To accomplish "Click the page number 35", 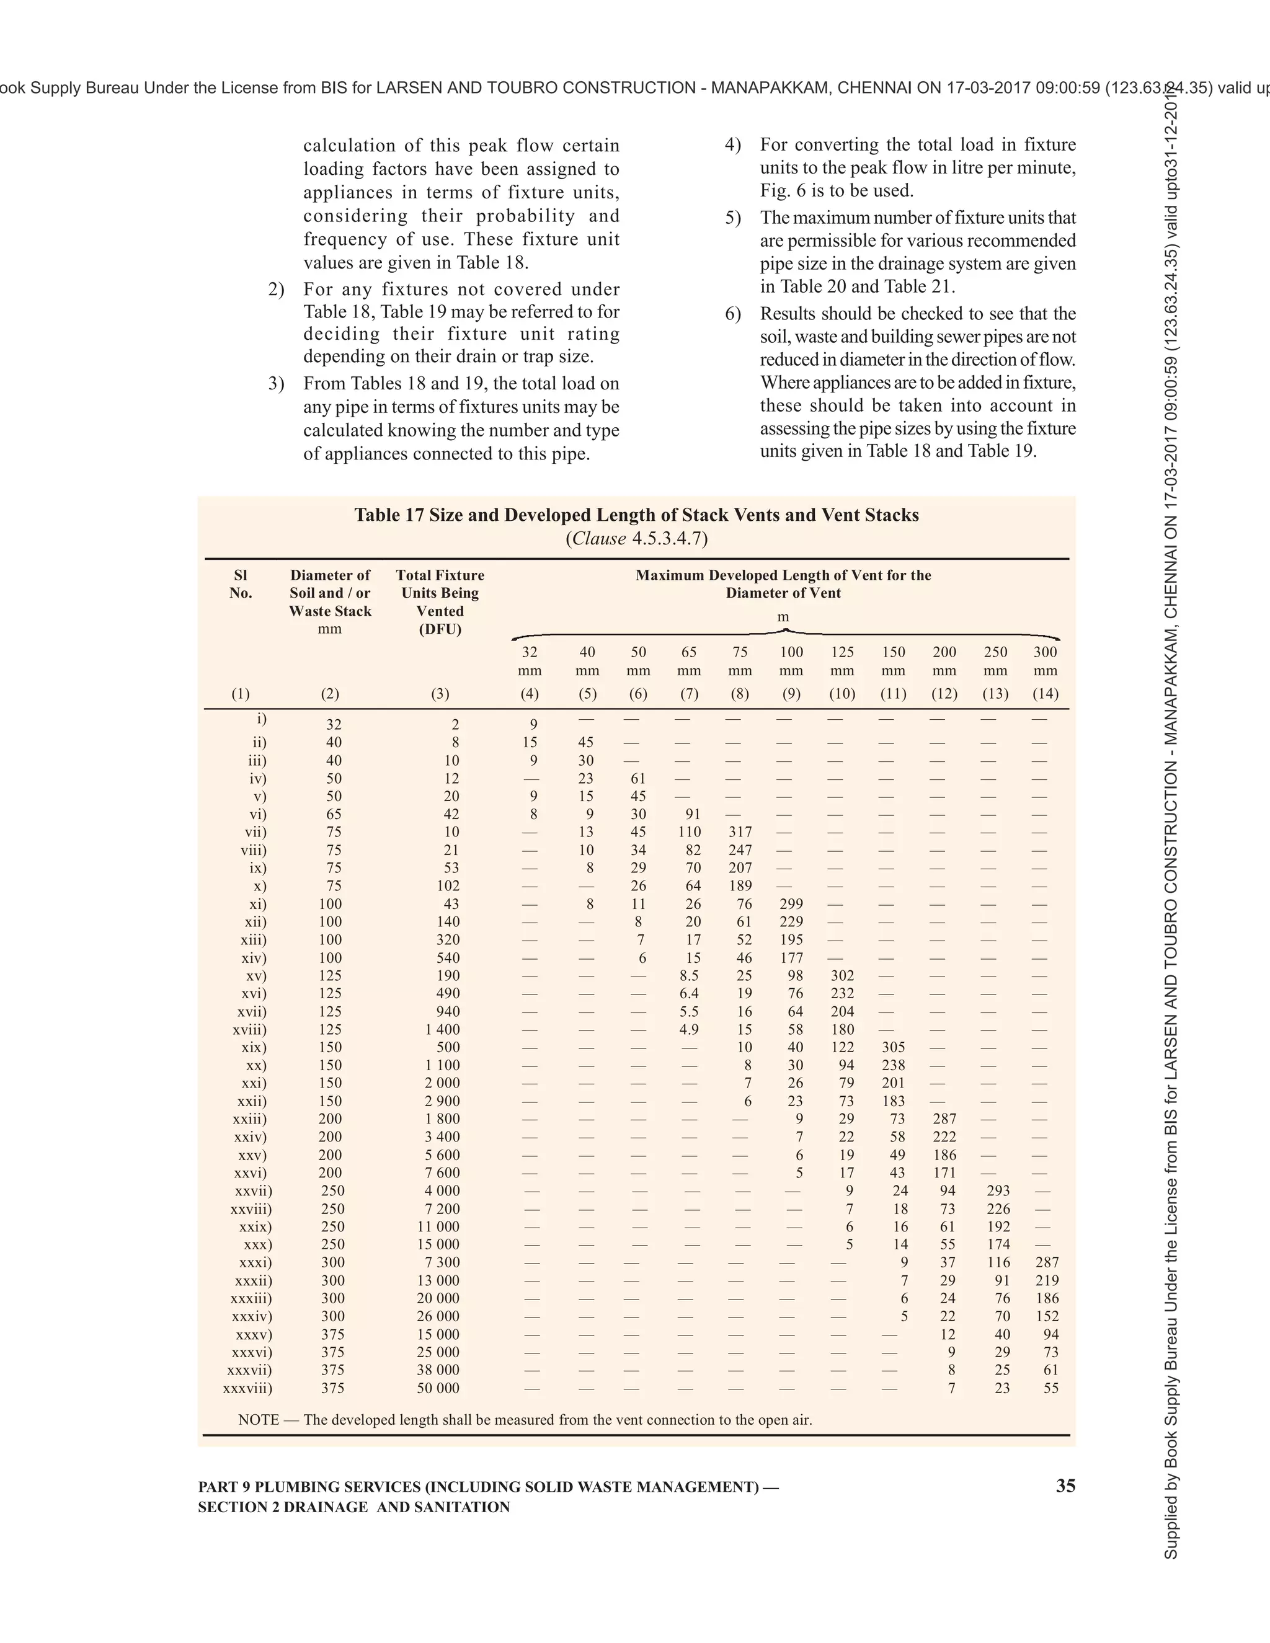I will click(1065, 1486).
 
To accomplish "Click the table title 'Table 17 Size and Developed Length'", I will click(636, 515).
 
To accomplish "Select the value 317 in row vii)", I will click(740, 832).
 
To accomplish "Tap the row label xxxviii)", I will click(248, 1388).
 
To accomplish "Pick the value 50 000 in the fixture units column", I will click(438, 1388).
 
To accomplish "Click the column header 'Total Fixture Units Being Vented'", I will click(440, 602).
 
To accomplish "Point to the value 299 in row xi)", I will click(791, 903).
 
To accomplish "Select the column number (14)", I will click(1045, 694).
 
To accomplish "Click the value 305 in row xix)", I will click(893, 1047).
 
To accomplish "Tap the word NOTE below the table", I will click(259, 1420).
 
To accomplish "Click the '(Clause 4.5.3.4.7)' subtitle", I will click(636, 539).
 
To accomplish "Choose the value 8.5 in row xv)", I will click(689, 976).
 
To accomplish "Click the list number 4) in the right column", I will click(733, 144).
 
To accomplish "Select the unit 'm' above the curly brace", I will click(783, 618).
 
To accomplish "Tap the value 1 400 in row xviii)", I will click(442, 1029).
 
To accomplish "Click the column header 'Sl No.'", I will click(241, 584).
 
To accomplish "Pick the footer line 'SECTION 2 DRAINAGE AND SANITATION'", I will click(353, 1507).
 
